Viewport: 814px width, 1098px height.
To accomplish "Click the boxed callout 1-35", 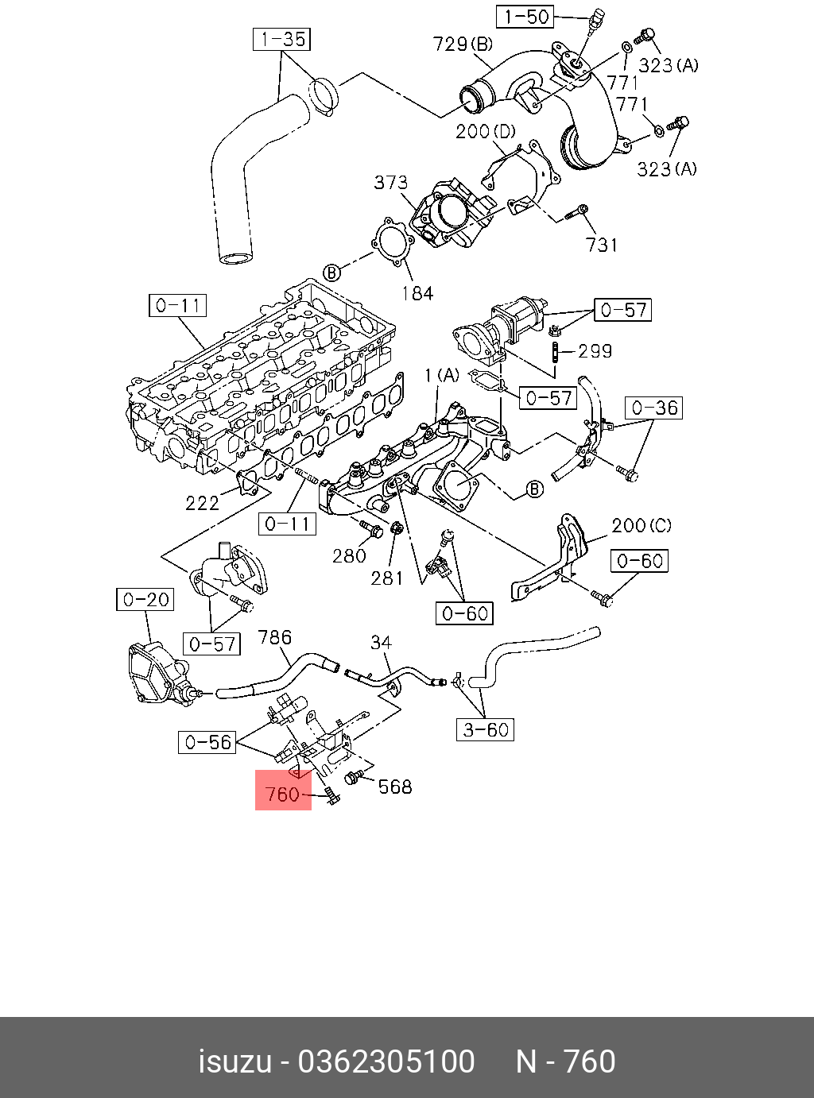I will [x=282, y=39].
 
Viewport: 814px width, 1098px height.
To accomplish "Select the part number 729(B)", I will [x=463, y=44].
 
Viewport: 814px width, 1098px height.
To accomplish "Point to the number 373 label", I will [x=390, y=184].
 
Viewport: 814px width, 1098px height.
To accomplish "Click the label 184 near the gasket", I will [x=417, y=293].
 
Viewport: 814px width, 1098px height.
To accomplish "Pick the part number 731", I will [x=601, y=245].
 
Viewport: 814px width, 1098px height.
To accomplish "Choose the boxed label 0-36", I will [x=654, y=408].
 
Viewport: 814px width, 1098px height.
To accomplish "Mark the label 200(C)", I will [x=641, y=526].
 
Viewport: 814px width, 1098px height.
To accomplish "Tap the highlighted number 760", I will [x=282, y=794].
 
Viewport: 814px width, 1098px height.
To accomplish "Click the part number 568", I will [x=394, y=787].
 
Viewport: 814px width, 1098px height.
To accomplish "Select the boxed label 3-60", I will [x=486, y=729].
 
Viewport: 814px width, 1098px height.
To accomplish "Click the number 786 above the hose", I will [x=275, y=637].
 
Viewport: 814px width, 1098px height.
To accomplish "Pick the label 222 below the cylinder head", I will [x=202, y=502].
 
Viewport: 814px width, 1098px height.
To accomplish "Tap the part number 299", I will [x=595, y=350].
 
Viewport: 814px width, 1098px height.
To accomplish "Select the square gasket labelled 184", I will [x=391, y=242].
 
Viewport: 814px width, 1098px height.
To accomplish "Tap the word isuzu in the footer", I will [x=234, y=1062].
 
